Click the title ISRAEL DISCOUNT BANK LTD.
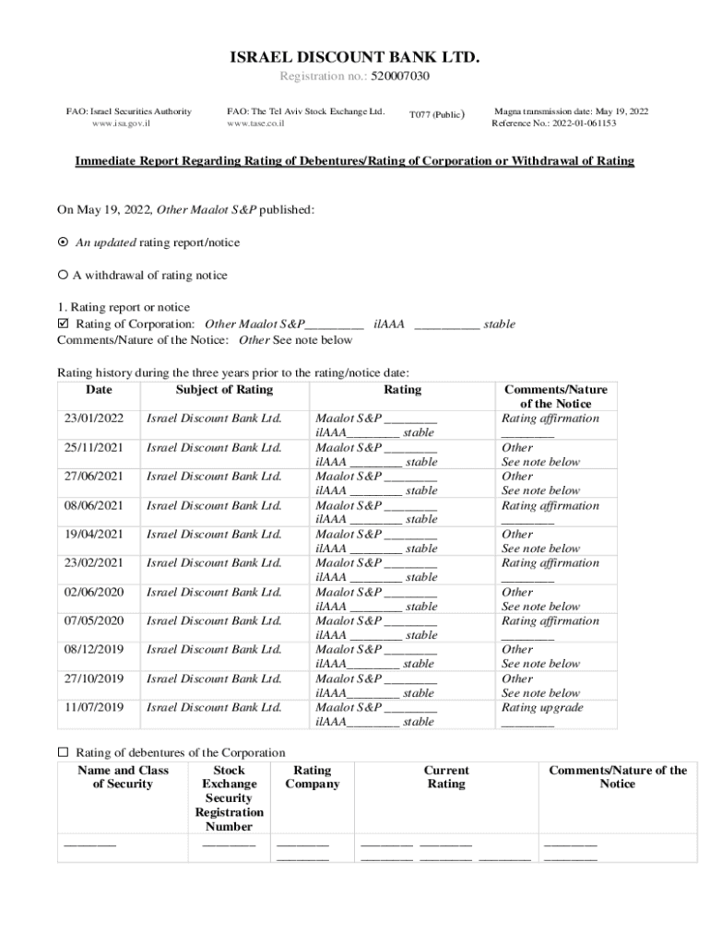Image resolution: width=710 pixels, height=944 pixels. (x=354, y=58)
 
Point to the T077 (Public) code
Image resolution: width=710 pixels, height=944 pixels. (x=436, y=115)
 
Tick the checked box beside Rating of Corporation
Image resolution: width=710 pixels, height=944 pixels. (x=63, y=324)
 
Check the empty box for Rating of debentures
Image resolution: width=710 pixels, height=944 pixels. (x=63, y=752)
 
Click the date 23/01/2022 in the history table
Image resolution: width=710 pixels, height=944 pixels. (x=93, y=419)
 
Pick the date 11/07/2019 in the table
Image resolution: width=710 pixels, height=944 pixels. (x=93, y=707)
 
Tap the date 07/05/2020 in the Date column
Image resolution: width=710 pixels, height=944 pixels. (x=93, y=620)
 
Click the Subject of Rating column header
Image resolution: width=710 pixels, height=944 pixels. (x=224, y=390)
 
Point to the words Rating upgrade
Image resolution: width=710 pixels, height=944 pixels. (x=542, y=707)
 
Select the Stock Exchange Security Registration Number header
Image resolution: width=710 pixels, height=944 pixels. (x=229, y=798)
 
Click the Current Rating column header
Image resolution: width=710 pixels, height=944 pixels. (x=446, y=777)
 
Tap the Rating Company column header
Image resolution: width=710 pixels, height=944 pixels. (x=312, y=777)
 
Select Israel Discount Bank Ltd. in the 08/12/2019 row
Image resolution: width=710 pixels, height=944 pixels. (x=214, y=649)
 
